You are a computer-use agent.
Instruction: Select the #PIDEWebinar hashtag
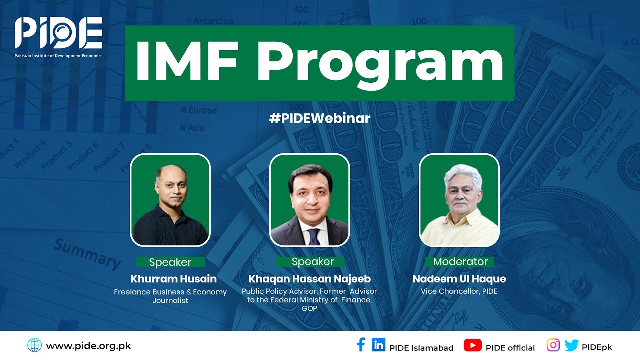(x=320, y=118)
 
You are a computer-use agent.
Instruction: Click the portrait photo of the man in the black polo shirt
(x=170, y=200)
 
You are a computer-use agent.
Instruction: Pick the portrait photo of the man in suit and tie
(x=309, y=200)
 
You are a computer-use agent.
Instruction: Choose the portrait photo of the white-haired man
(x=459, y=200)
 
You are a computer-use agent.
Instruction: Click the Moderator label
(x=460, y=262)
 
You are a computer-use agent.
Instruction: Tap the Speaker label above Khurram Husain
(x=170, y=262)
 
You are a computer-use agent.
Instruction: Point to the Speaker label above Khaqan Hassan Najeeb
(x=312, y=262)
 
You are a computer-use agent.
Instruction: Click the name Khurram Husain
(x=173, y=278)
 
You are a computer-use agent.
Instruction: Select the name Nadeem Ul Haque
(x=459, y=279)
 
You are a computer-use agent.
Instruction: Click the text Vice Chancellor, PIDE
(x=459, y=291)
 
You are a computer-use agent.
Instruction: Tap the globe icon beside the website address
(x=34, y=345)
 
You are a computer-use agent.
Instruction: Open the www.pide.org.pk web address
(x=88, y=346)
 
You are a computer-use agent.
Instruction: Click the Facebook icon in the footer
(x=361, y=345)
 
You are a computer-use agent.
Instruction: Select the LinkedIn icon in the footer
(x=379, y=345)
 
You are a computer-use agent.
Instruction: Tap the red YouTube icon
(x=472, y=345)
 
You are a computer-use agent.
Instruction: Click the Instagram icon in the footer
(x=553, y=345)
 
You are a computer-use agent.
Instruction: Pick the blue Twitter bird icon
(x=571, y=345)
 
